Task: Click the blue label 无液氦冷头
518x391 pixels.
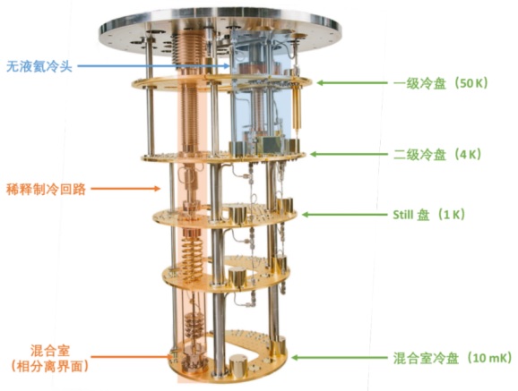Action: coord(39,66)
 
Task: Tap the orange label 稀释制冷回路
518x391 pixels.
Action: coord(47,190)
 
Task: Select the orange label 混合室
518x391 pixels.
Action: coord(50,351)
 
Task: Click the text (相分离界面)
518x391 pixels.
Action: coord(49,366)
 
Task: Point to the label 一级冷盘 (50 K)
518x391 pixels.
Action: coord(441,83)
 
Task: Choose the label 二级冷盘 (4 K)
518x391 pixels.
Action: coord(437,154)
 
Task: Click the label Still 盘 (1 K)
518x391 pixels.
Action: coord(428,215)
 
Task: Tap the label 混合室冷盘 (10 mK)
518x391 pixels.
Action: coord(453,358)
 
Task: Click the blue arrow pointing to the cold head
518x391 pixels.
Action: coord(153,66)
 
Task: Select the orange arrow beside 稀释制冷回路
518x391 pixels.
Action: coord(125,189)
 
